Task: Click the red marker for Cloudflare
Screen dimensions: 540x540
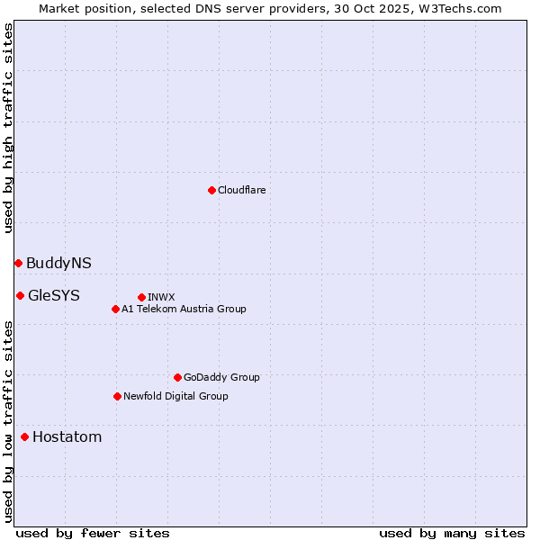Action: (x=211, y=190)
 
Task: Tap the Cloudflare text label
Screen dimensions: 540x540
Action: (x=241, y=190)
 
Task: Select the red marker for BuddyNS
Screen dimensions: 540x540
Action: (x=18, y=263)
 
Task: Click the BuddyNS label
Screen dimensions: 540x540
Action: (x=58, y=263)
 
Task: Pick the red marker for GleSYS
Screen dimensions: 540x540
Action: (x=20, y=295)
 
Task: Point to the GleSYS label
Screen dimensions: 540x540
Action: (x=53, y=295)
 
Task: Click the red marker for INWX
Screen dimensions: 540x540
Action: (x=141, y=297)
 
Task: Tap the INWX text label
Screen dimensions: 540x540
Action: (x=161, y=297)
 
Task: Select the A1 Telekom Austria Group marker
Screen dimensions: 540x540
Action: (x=115, y=309)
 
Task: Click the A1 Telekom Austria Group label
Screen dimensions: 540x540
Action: (x=184, y=309)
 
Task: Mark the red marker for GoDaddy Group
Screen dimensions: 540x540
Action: (x=177, y=377)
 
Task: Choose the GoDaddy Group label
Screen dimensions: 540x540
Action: (x=221, y=377)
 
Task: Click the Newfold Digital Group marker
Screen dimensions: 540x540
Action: (x=117, y=396)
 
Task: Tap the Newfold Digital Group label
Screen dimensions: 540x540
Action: (x=175, y=396)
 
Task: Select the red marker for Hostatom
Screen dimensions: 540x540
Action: (x=24, y=437)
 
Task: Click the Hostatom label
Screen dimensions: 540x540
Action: (x=67, y=437)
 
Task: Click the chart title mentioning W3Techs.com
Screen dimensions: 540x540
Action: (x=270, y=8)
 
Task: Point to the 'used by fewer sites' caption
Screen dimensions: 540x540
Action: (x=93, y=533)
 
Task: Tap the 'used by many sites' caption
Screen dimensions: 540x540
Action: (x=452, y=533)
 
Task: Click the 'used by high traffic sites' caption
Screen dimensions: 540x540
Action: (x=8, y=128)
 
